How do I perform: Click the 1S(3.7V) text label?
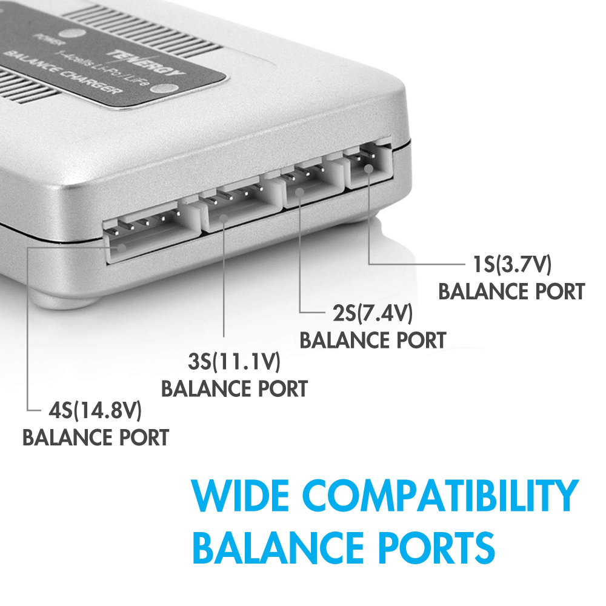point(512,265)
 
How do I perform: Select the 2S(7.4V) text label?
point(373,314)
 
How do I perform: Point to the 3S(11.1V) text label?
point(234,363)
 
